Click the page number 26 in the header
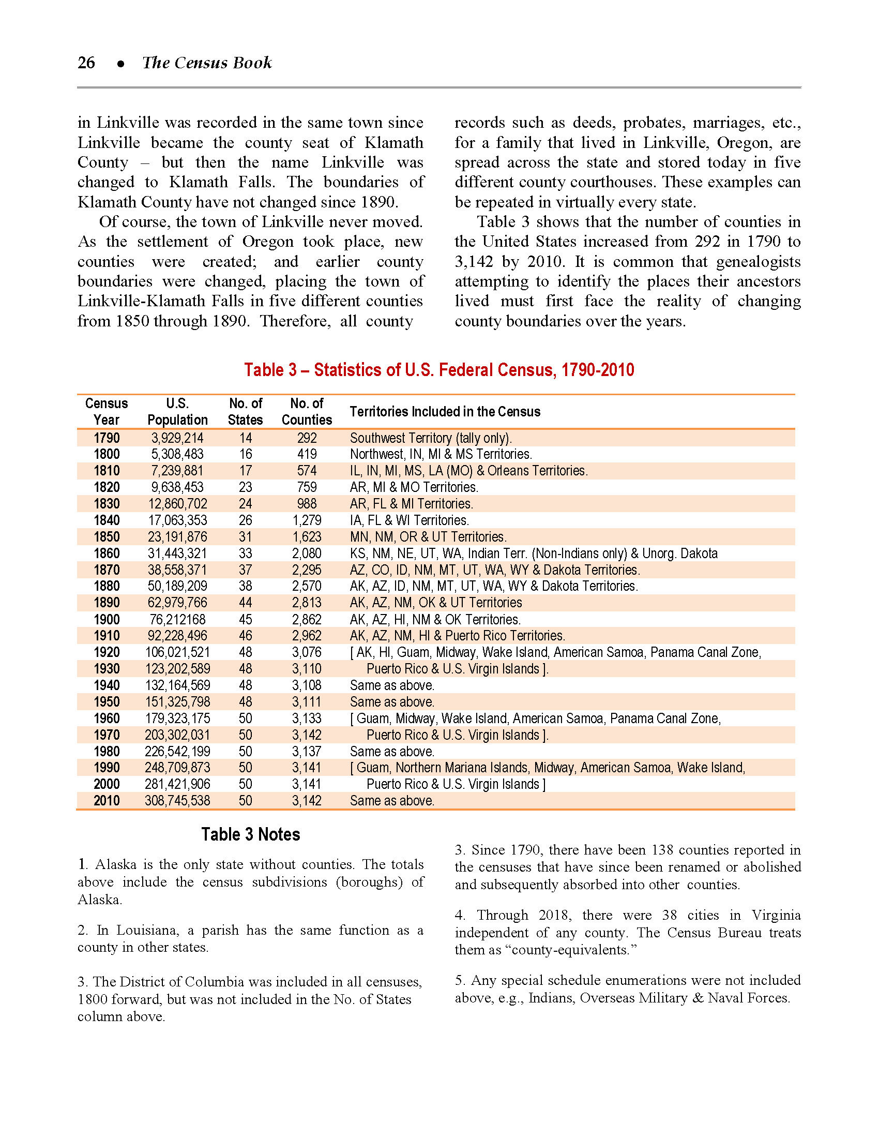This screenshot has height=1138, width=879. click(x=86, y=63)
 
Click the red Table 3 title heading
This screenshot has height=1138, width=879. click(x=439, y=370)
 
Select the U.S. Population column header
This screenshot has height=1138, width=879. click(x=177, y=412)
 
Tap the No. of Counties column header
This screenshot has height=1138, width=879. click(x=307, y=412)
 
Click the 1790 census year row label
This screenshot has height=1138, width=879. click(x=107, y=438)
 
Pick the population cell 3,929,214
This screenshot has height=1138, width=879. click(x=177, y=438)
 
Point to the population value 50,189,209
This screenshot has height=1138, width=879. click(x=177, y=586)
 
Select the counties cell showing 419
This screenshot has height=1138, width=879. click(x=307, y=454)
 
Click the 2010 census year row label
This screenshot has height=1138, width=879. click(x=107, y=801)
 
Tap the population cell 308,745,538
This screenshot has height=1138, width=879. click(x=177, y=801)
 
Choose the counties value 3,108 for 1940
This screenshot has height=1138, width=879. click(x=307, y=685)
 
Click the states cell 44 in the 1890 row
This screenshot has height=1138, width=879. click(x=245, y=603)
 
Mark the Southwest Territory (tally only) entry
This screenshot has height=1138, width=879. click(x=431, y=438)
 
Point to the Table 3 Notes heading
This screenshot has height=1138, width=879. click(x=250, y=834)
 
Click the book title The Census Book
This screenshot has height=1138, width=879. click(x=207, y=63)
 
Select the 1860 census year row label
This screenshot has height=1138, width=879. click(x=107, y=553)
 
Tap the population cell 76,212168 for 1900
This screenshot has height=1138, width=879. click(x=177, y=620)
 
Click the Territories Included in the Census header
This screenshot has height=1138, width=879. click(x=445, y=412)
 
